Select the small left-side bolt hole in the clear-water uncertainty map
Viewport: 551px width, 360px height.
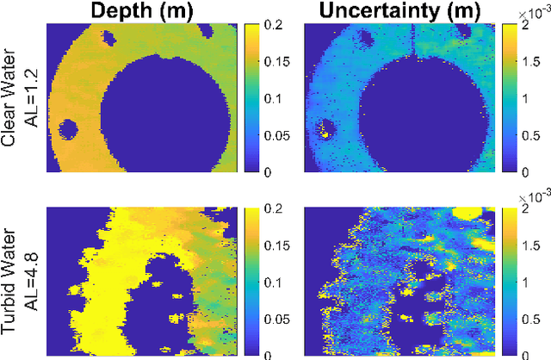coord(325,128)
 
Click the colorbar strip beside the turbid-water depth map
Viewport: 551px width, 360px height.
coord(252,281)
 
